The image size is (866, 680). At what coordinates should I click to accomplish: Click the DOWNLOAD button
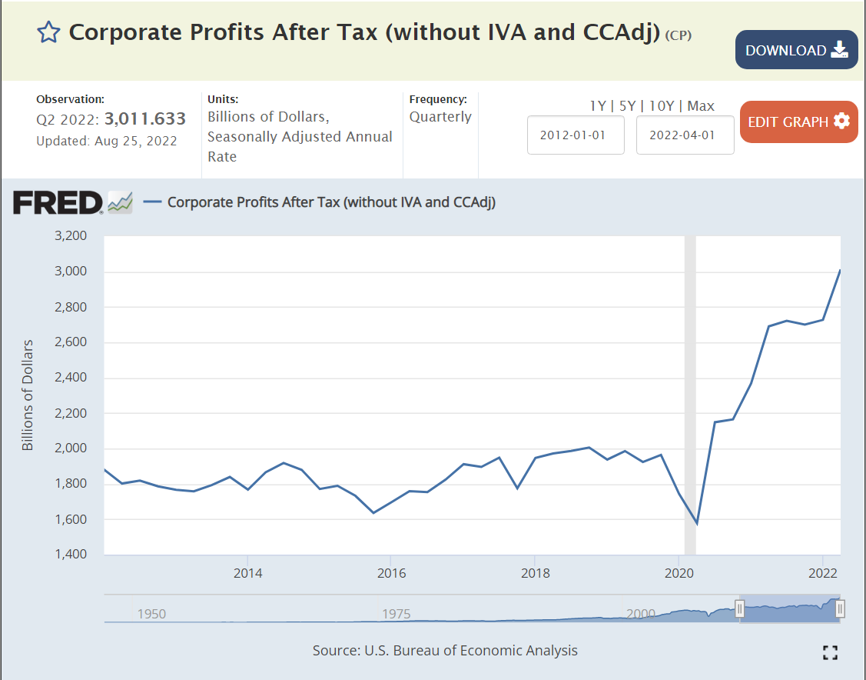pos(796,50)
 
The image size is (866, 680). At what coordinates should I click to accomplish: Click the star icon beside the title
pos(48,32)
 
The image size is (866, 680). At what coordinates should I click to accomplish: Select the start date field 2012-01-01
pos(576,135)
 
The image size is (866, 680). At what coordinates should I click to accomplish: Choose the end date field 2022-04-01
pos(685,135)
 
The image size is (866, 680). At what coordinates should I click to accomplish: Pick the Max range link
pos(701,106)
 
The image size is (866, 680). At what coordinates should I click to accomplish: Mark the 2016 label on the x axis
pos(390,573)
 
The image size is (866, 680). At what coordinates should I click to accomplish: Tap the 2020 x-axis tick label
pos(679,573)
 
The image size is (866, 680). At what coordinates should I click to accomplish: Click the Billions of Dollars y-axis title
pos(28,395)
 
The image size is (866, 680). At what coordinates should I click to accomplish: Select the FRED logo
pos(58,203)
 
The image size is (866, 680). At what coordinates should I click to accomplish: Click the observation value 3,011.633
pos(145,118)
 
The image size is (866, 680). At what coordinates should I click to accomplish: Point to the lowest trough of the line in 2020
pos(696,524)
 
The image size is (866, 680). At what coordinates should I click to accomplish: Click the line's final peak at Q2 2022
pos(840,270)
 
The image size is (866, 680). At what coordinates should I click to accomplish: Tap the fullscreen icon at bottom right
pos(829,652)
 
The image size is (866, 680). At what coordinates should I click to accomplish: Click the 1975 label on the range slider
pos(397,614)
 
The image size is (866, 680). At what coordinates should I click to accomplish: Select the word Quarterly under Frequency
pos(440,117)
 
